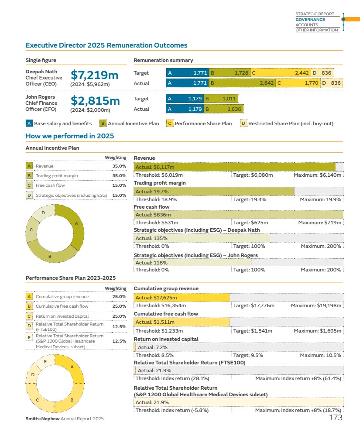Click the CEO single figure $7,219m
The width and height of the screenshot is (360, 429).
pyautogui.click(x=95, y=75)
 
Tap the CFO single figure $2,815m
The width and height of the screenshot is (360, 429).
pyautogui.click(x=95, y=101)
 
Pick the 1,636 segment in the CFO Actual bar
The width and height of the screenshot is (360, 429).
pyautogui.click(x=223, y=109)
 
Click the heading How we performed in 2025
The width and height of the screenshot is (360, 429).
pyautogui.click(x=70, y=136)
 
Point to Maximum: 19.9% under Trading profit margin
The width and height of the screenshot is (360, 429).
pyautogui.click(x=321, y=199)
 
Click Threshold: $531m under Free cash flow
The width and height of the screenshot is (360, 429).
pyautogui.click(x=153, y=223)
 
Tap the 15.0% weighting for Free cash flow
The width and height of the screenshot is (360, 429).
pyautogui.click(x=119, y=185)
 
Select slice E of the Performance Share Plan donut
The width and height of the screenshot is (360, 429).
pyautogui.click(x=45, y=361)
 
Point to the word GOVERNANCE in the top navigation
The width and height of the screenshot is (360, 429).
pyautogui.click(x=310, y=20)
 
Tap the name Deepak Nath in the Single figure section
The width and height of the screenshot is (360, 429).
pyautogui.click(x=41, y=72)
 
